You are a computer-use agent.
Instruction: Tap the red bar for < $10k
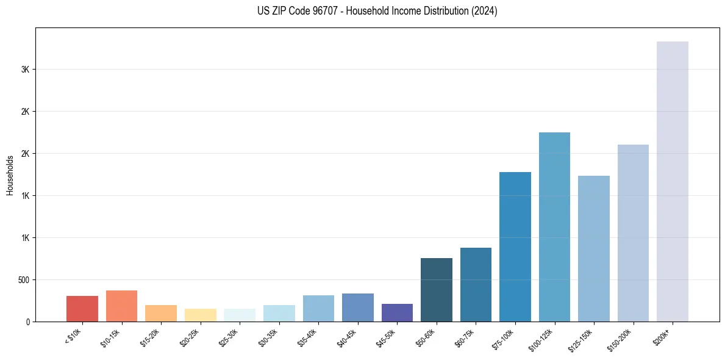(82, 309)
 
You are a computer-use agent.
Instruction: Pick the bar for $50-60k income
(437, 290)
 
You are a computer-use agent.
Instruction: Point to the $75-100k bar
(515, 247)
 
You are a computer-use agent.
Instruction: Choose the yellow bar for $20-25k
(201, 315)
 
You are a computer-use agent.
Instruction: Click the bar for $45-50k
(397, 312)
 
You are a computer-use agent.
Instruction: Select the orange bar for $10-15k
(121, 306)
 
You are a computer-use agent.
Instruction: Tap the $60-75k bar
(476, 284)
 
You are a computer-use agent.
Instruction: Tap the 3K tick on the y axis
(25, 70)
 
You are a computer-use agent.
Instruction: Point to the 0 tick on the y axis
(27, 322)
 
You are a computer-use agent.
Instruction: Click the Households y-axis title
(10, 175)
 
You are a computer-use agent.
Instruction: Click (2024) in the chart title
(485, 11)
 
